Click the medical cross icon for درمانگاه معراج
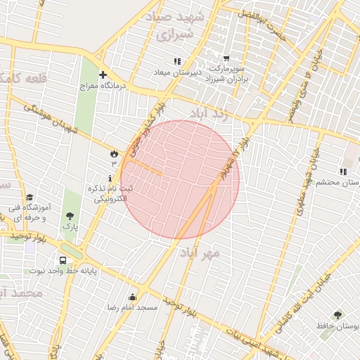click(x=103, y=75)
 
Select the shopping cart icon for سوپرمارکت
click(x=226, y=59)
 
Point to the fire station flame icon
click(x=113, y=153)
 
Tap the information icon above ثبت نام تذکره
click(x=109, y=179)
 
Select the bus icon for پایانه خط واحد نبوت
click(x=63, y=259)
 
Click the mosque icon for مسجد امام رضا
click(x=133, y=297)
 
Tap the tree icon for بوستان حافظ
click(x=337, y=315)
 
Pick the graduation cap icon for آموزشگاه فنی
click(x=30, y=198)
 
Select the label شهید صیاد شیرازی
click(x=172, y=25)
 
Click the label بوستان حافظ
click(x=337, y=327)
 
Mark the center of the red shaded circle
click(x=180, y=179)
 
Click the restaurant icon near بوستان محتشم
click(x=343, y=172)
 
